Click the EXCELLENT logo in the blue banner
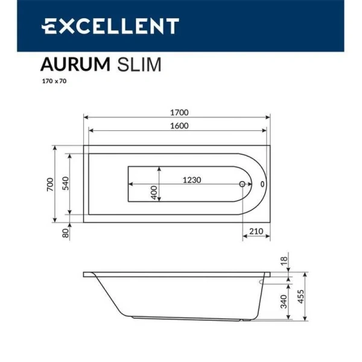[x=110, y=26]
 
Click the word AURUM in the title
[x=72, y=64]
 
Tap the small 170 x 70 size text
[x=54, y=81]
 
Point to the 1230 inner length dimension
[x=192, y=180]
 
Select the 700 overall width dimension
[x=51, y=183]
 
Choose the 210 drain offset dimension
[x=256, y=232]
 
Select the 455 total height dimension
[x=300, y=296]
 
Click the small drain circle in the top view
[x=243, y=184]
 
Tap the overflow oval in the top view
[x=262, y=184]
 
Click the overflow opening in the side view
[x=264, y=281]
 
